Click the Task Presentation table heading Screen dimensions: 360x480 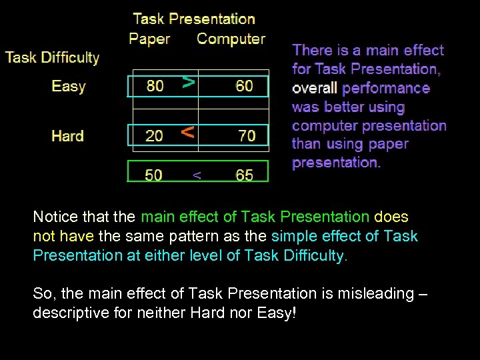point(194,19)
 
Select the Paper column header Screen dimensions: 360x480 point(149,39)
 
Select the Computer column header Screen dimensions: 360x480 point(231,39)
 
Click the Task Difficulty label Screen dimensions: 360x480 point(52,58)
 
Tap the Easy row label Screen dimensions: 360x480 point(69,87)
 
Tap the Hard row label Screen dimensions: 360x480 point(68,136)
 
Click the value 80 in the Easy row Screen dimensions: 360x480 point(155,86)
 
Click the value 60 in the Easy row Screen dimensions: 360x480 point(244,86)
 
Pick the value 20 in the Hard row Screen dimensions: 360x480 point(154,136)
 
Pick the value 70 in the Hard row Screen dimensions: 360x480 point(247,136)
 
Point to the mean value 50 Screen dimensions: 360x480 point(153,175)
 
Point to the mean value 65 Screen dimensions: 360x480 point(244,175)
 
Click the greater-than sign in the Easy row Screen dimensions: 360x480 point(189,83)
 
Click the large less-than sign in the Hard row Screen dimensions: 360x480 point(189,132)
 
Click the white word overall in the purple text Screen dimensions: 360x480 point(315,88)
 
